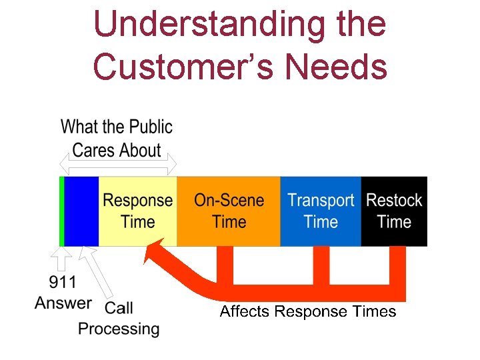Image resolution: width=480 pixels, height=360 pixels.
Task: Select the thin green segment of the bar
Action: point(61,211)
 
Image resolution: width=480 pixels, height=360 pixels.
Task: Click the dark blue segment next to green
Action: point(81,211)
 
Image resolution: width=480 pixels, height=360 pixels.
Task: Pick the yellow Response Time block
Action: point(137,211)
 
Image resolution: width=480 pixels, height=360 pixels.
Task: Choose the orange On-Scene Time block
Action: point(229,211)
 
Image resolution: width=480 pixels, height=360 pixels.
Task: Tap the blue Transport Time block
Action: point(321,211)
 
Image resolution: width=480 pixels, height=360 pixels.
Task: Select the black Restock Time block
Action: point(394,211)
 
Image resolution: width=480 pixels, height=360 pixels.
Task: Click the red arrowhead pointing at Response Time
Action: point(158,253)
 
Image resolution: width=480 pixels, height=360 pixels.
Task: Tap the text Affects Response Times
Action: point(308,311)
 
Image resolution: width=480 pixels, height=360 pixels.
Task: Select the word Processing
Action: point(119,329)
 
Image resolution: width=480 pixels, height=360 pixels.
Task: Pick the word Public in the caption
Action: point(151,127)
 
